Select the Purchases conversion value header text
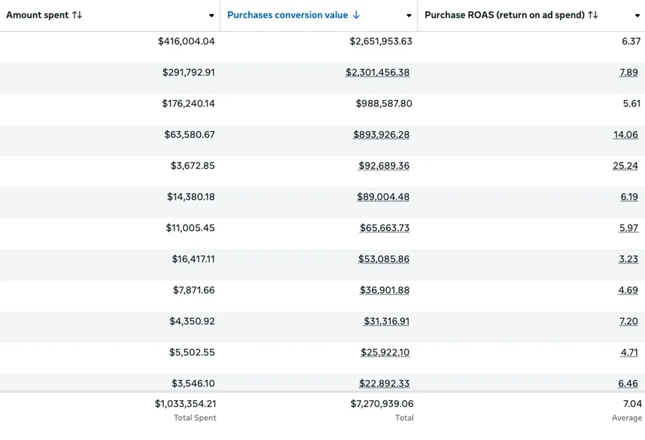[287, 15]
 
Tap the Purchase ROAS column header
[504, 15]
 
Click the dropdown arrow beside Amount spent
[212, 15]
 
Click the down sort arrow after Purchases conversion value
[357, 15]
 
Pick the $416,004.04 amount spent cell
[186, 41]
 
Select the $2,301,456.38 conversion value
[377, 72]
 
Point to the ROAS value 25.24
[626, 166]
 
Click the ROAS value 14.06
[626, 135]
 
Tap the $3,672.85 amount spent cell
[193, 166]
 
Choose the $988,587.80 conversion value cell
[384, 103]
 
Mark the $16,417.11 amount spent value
[193, 259]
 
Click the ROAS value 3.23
[628, 259]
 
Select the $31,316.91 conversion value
[386, 321]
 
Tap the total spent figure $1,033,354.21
[185, 404]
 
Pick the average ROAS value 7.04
[632, 404]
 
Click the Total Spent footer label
[195, 418]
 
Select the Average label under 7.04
[626, 418]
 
